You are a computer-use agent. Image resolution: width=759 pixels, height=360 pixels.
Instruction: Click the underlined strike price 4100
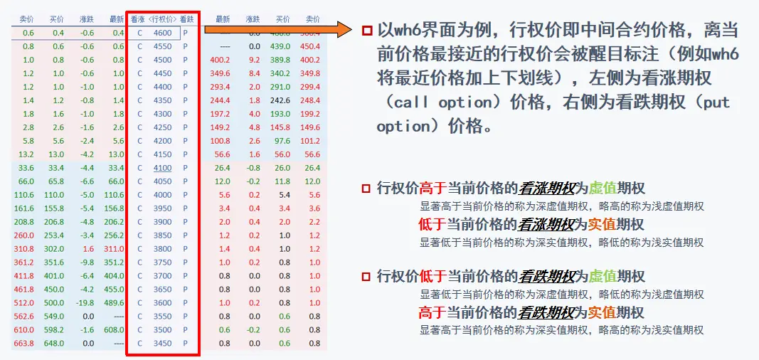162,168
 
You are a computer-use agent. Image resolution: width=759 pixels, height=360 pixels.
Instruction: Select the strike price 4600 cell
162,33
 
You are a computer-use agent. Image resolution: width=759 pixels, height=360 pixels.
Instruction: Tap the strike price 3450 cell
162,344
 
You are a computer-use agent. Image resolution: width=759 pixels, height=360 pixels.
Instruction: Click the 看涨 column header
138,19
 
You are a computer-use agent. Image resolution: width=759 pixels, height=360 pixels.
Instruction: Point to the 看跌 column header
186,19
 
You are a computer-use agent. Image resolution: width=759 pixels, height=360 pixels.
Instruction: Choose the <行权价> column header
162,19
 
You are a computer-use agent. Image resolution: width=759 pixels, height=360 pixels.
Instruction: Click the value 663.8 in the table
24,344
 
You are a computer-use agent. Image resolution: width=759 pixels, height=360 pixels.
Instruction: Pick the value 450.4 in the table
310,46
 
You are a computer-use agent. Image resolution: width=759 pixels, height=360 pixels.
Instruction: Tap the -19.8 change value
86,303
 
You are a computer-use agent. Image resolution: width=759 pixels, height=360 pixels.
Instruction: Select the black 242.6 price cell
280,100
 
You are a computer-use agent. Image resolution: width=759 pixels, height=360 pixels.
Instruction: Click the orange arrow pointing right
277,30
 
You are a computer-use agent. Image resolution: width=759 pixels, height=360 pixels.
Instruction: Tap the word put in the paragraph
716,102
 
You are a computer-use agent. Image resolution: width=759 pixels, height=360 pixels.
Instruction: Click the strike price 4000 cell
162,195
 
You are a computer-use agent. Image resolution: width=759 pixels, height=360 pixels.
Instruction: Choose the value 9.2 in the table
253,60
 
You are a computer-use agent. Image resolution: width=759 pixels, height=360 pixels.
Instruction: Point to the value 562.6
24,317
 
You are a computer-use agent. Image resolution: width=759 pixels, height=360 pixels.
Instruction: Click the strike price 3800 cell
162,249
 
